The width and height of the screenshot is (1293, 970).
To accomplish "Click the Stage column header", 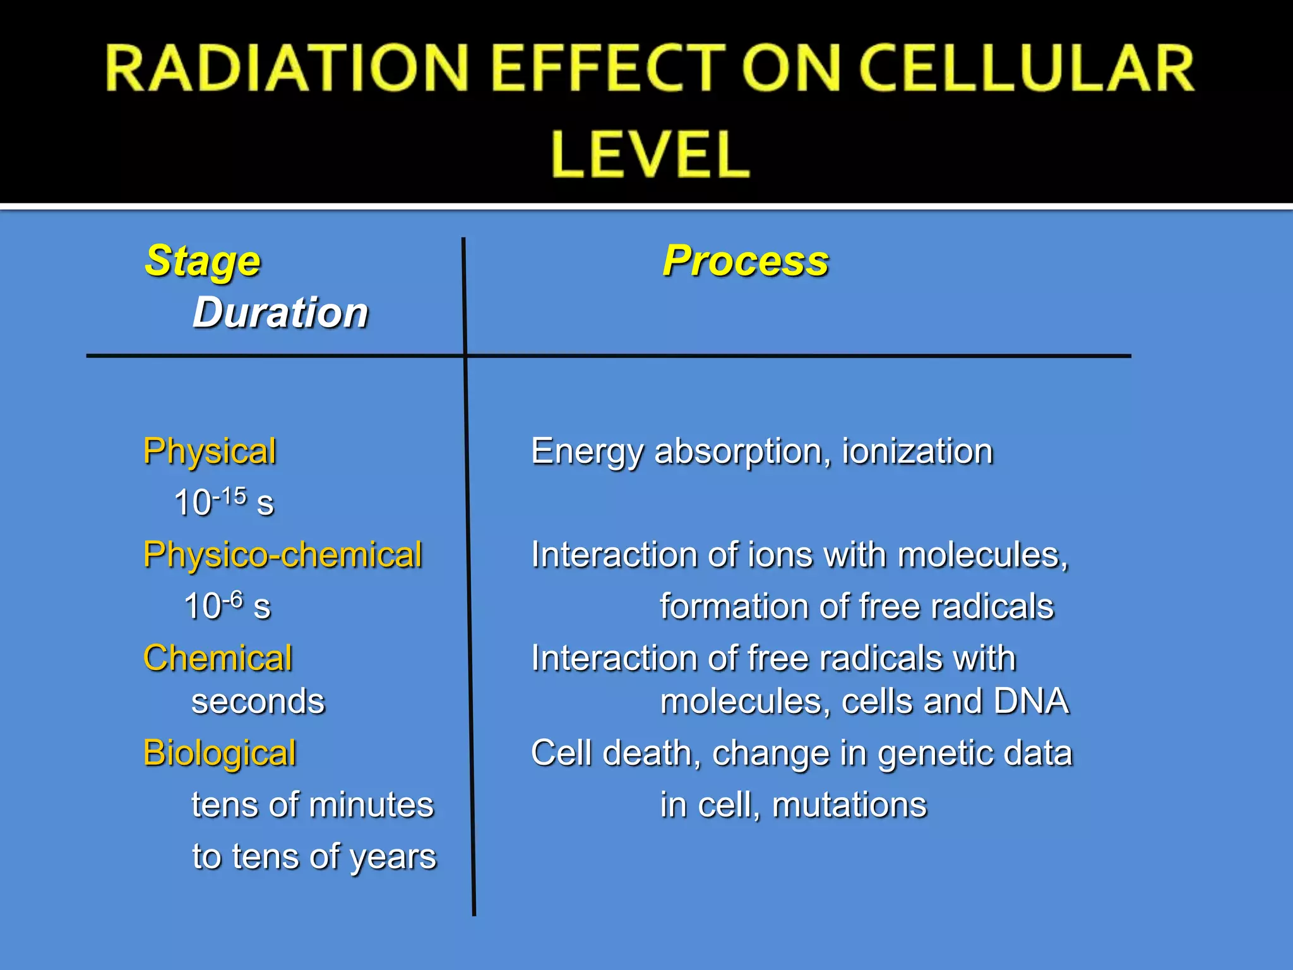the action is [x=203, y=261].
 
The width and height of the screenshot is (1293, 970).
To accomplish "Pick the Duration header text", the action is [x=280, y=313].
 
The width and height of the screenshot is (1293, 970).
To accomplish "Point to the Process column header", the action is [x=745, y=261].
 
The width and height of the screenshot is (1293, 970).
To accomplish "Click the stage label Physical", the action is [x=210, y=452].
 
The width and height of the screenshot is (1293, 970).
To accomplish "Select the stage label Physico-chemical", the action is [x=282, y=555].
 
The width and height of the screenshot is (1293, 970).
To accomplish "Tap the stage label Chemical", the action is [x=218, y=658].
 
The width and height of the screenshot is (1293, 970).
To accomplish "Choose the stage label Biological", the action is [x=220, y=753].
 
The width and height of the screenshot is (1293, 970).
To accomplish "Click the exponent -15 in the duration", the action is [x=230, y=496].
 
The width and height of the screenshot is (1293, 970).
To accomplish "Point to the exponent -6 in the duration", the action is [x=232, y=599].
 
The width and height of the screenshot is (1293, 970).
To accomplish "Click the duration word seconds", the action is [x=258, y=702].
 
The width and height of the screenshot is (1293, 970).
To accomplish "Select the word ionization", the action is [x=917, y=452].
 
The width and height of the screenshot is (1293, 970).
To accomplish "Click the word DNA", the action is [x=1031, y=702].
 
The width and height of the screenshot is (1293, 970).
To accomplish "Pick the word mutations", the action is [x=849, y=805].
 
